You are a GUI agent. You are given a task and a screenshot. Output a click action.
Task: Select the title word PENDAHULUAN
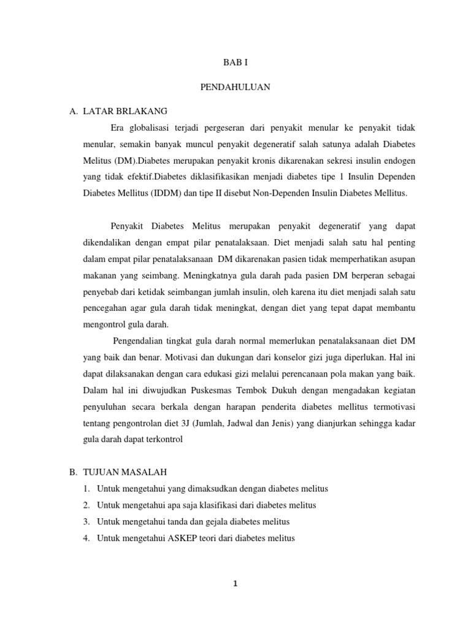point(235,88)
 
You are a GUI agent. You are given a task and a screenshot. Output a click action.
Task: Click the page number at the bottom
point(235,583)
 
